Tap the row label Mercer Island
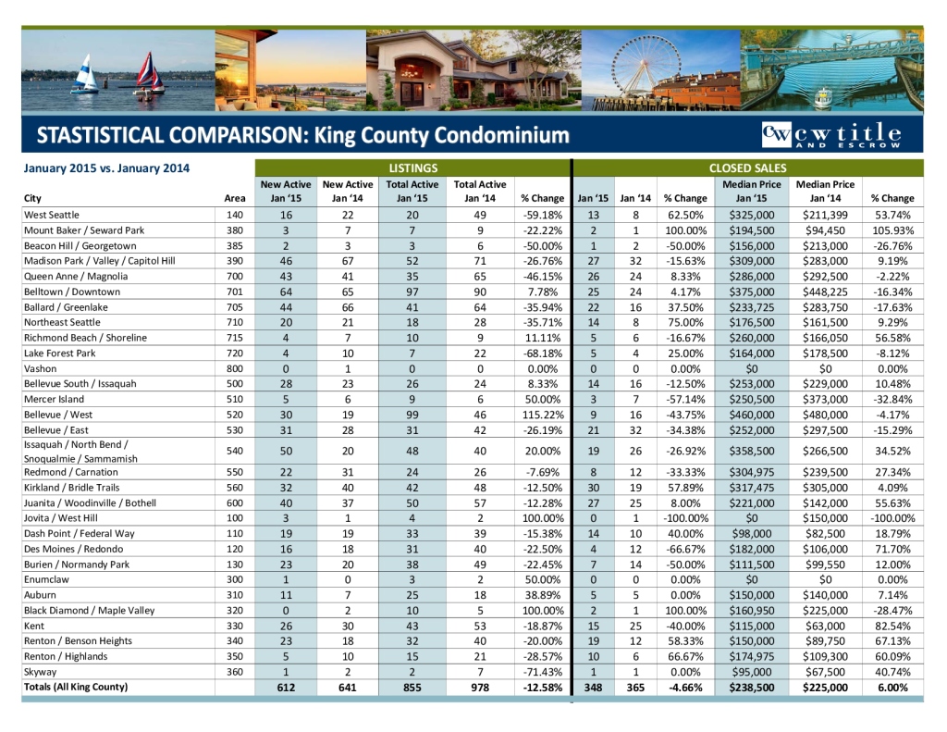coord(55,399)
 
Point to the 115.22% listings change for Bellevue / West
coord(542,415)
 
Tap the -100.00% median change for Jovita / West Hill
coord(892,518)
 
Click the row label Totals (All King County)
coord(76,687)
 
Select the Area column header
coord(235,198)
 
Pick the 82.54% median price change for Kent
coord(892,626)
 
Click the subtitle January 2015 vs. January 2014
coord(106,167)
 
